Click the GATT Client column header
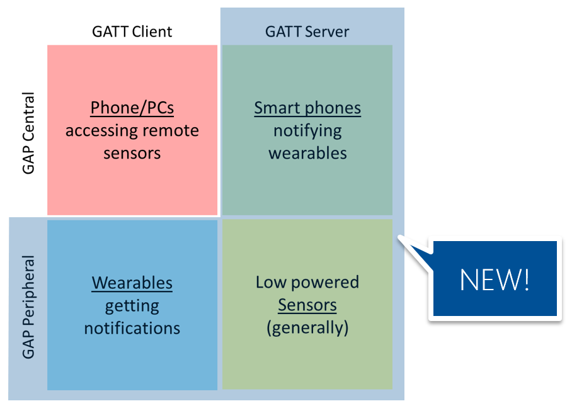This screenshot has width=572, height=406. [x=132, y=31]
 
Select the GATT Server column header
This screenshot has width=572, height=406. [x=307, y=31]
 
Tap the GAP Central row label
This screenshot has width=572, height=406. [x=28, y=133]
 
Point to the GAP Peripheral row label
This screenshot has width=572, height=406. [x=28, y=307]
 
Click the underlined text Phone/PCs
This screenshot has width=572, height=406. [x=132, y=108]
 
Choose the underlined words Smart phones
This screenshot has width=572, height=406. [x=307, y=108]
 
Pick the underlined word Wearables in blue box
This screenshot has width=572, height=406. [x=132, y=283]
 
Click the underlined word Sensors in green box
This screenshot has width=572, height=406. [x=307, y=305]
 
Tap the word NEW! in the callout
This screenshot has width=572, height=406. [x=495, y=279]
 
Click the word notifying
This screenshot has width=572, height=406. [x=307, y=131]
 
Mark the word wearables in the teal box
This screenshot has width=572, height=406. [x=307, y=153]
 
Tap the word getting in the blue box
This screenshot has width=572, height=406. [x=132, y=306]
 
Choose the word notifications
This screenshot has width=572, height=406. [x=132, y=328]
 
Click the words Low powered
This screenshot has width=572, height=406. [x=307, y=283]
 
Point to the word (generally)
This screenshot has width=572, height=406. [x=307, y=328]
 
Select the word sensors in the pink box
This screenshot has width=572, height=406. [x=132, y=154]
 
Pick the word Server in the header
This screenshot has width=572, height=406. [x=327, y=31]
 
